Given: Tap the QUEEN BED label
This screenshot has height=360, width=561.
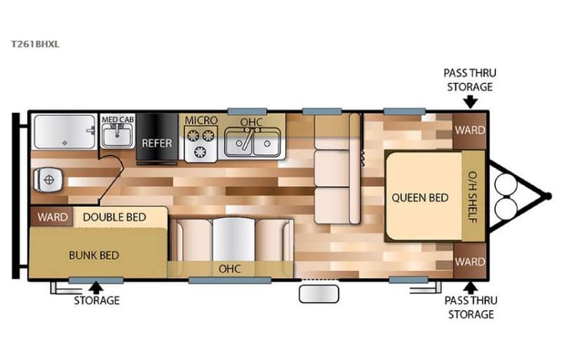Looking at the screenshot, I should click(x=420, y=197).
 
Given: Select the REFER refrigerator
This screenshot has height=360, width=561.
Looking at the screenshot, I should click(x=156, y=142).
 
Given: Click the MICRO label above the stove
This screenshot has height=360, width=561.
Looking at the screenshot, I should click(x=200, y=121).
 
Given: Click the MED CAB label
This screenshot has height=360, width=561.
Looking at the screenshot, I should click(x=118, y=120).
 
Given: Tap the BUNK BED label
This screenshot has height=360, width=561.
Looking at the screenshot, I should click(x=94, y=255).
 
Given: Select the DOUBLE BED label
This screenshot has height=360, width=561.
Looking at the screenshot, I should click(x=114, y=217).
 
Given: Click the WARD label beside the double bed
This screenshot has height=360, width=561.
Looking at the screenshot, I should click(x=52, y=217).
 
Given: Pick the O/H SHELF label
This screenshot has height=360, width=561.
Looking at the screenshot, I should click(x=472, y=197).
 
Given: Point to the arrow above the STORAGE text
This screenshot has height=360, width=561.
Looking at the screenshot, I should click(x=96, y=287).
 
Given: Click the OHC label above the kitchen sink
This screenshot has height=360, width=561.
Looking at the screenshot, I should click(x=251, y=122).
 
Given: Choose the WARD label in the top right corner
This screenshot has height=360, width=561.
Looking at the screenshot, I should click(x=470, y=130).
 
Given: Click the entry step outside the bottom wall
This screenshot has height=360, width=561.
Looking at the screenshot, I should click(x=317, y=294).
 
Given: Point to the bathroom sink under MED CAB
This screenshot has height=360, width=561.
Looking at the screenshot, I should click(x=119, y=137).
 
